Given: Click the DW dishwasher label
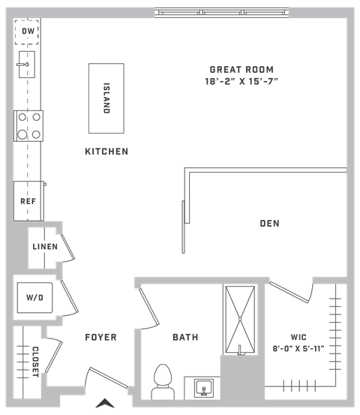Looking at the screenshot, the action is pos(28,32).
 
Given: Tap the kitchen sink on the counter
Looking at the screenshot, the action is pos(27,65).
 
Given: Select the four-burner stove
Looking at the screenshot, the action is pos(28,126).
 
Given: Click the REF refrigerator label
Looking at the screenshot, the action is pos(28,201).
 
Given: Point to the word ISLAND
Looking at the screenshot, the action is pos(106,98).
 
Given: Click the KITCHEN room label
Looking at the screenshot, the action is pos(106,152).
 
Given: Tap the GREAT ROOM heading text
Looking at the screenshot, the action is pos(241,70).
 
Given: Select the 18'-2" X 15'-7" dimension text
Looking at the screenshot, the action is pos(241,81).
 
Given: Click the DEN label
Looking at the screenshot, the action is pos(270,224).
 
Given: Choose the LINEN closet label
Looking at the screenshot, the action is pos(45,247).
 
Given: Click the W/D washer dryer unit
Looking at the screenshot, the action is pos(35,298).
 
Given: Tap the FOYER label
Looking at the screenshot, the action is pos(100,337).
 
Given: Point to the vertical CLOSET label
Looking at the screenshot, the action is pos(35,362).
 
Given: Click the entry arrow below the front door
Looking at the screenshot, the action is pos(105,403).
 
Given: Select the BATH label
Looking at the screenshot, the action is pos(185,337).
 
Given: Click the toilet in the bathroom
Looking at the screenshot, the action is pos(163,382).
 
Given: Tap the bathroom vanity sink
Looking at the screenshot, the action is pos(203,388).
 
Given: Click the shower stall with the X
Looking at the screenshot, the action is pos(240,320).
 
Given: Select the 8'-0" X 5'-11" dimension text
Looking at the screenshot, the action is pos(298,348).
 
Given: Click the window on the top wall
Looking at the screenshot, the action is pos(222,13).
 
